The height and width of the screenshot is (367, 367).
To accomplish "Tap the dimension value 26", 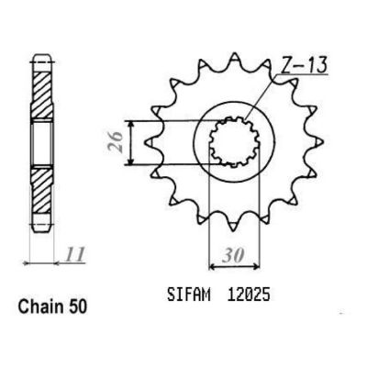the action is pyautogui.click(x=116, y=142).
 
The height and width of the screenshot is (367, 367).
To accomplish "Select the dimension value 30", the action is pyautogui.click(x=233, y=256).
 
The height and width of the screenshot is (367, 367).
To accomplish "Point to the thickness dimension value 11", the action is pyautogui.click(x=74, y=254).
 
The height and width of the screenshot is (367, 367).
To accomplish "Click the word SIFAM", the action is pyautogui.click(x=189, y=295).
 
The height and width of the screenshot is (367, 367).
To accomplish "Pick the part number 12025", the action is pyautogui.click(x=249, y=295).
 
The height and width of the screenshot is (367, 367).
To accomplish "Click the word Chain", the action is pyautogui.click(x=39, y=306).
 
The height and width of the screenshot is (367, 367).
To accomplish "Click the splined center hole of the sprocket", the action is pyautogui.click(x=234, y=142).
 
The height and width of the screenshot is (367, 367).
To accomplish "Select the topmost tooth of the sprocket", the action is pyautogui.click(x=234, y=59).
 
